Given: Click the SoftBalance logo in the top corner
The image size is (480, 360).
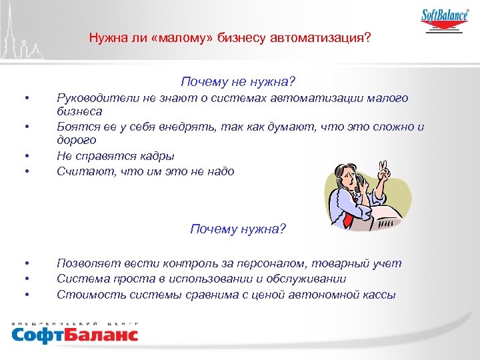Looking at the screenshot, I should (x=444, y=19).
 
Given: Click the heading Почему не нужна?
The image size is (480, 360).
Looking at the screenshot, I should (x=237, y=83).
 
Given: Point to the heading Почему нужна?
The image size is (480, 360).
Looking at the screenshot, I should (x=237, y=229).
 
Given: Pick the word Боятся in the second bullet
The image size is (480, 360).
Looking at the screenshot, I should (x=75, y=127).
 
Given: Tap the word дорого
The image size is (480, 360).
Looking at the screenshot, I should (x=77, y=140).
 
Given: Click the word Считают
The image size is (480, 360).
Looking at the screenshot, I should (x=81, y=171).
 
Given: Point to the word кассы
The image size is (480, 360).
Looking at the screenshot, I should (x=380, y=293).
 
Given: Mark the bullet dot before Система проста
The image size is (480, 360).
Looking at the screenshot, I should (x=25, y=279).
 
